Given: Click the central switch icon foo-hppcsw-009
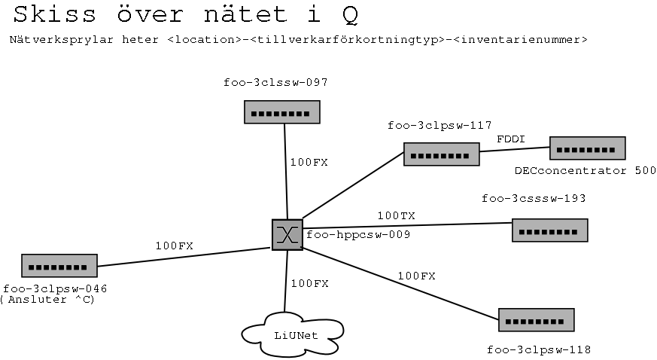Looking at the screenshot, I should pos(287,235).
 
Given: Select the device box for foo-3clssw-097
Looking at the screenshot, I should pos(282,112).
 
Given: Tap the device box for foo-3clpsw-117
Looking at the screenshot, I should pos(441,154).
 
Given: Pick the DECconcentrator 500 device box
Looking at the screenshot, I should pos(587,148).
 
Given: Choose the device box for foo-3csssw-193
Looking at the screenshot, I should pos(549,230).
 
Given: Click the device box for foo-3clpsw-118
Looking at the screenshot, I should pos(536,320).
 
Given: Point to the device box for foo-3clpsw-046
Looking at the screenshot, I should pos(59,266).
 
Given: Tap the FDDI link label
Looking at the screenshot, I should pos(510,139).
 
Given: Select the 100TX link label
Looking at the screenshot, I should pos(396,215).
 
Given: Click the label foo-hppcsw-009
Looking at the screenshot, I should pos(358,235).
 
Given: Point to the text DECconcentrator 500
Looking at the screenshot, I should pos(585,171).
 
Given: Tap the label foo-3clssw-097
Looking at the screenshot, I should pos(275,82).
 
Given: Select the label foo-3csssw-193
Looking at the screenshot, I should pos(534,199).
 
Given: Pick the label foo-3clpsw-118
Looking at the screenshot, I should pos(539,349).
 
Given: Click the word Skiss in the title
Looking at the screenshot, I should pos(51,14).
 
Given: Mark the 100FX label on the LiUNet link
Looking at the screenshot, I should pos(309,283).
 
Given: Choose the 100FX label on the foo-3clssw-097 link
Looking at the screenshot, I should pos(309,161).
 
